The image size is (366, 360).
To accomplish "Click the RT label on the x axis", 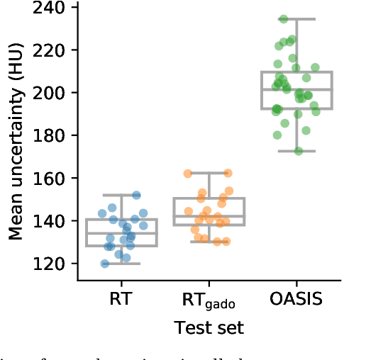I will (121, 299).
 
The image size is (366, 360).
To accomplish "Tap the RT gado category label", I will (209, 300).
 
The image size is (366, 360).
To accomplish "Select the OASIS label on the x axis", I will (296, 299).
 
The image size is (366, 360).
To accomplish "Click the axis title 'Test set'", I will (209, 327).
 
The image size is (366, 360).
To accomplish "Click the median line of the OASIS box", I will (296, 89).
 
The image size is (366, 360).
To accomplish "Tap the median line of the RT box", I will (121, 232).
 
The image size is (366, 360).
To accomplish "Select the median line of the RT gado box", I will (209, 215).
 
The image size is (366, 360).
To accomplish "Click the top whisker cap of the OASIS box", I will (296, 19).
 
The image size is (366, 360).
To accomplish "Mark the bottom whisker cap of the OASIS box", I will (296, 151).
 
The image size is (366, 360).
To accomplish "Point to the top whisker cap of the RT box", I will (121, 195).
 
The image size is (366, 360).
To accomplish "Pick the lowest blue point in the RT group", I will (105, 264).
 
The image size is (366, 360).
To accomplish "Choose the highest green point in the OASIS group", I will (284, 19).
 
